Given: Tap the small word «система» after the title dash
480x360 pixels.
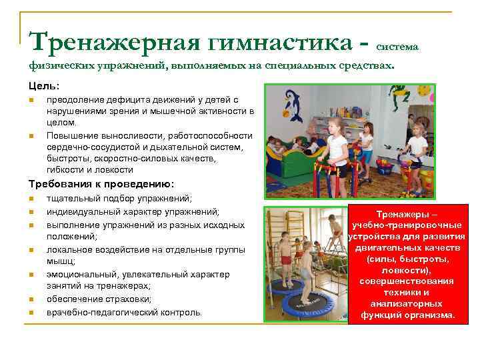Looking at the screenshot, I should click(397, 47).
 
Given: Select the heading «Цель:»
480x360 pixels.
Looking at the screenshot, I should click(44, 86).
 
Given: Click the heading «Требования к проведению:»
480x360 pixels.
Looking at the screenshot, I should click(101, 183).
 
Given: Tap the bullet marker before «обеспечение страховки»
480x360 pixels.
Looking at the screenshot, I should click(31, 299).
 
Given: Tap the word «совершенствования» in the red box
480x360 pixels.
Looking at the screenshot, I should click(407, 281).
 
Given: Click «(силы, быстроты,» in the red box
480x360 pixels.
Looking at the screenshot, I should click(407, 259).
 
